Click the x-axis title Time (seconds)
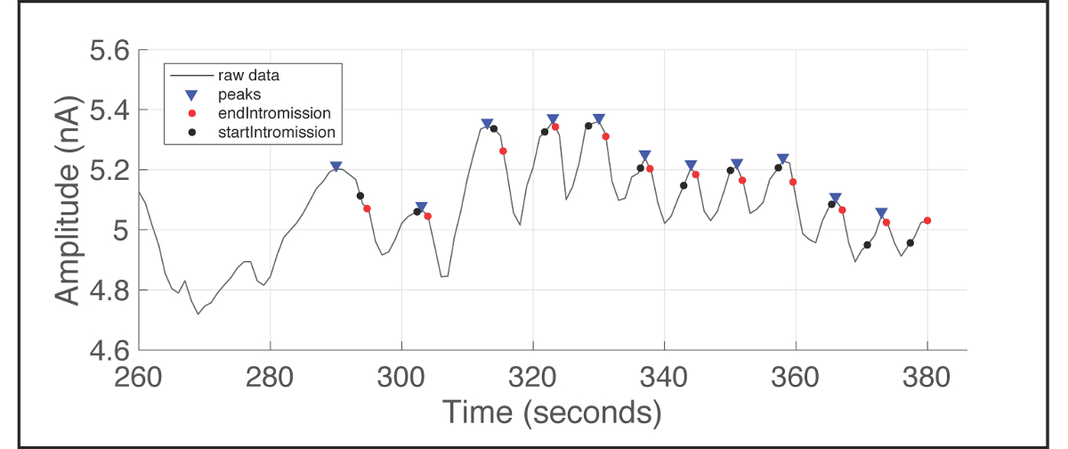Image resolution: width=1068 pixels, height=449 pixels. [552, 412]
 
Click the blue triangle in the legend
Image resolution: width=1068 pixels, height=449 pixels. [190, 94]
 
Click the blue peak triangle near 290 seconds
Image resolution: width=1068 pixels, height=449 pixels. [336, 167]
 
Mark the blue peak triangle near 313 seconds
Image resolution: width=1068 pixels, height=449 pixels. [487, 124]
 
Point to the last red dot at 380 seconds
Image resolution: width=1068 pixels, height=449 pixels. [927, 221]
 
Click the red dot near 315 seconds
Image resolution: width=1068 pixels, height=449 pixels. [503, 151]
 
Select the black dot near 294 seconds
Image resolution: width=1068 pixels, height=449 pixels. [360, 196]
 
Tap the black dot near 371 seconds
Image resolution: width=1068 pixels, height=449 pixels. [867, 245]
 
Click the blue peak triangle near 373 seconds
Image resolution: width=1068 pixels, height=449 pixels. [881, 213]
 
